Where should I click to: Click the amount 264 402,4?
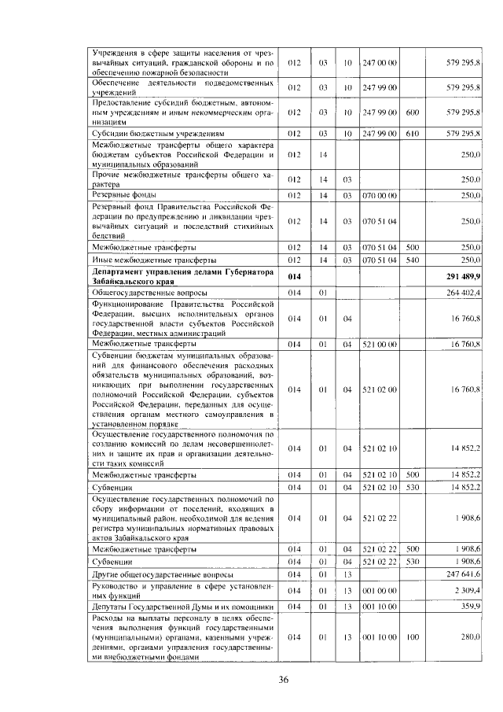465,293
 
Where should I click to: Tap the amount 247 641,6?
465,576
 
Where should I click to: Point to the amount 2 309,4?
468,590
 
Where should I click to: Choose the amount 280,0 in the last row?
471,636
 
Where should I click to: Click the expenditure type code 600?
412,113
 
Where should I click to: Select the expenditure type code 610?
412,134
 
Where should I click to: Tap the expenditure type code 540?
412,259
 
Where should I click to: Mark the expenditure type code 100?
412,636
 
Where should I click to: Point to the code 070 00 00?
380,194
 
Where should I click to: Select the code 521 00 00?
380,344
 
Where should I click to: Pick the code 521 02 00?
380,389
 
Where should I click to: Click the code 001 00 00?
380,590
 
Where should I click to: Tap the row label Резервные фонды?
119,194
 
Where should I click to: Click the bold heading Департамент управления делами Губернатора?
182,271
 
